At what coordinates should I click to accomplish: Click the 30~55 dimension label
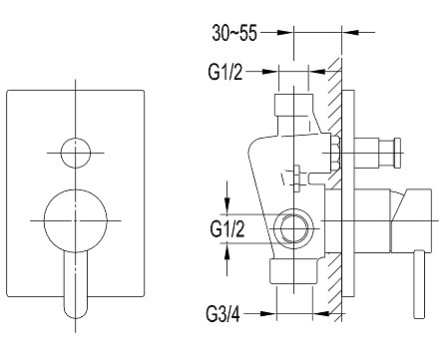(x=234, y=33)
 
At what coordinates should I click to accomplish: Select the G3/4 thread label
(x=223, y=314)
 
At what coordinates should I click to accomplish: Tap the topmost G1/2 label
(x=225, y=72)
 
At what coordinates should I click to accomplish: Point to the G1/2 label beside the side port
(x=227, y=229)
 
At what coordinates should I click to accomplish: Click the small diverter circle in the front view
(x=76, y=153)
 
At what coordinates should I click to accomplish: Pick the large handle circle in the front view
(x=76, y=220)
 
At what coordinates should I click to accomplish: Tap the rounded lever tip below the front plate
(x=76, y=311)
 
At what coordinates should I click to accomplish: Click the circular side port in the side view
(x=293, y=228)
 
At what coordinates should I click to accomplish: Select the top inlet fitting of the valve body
(x=293, y=105)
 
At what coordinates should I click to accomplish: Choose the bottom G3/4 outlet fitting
(x=294, y=272)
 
